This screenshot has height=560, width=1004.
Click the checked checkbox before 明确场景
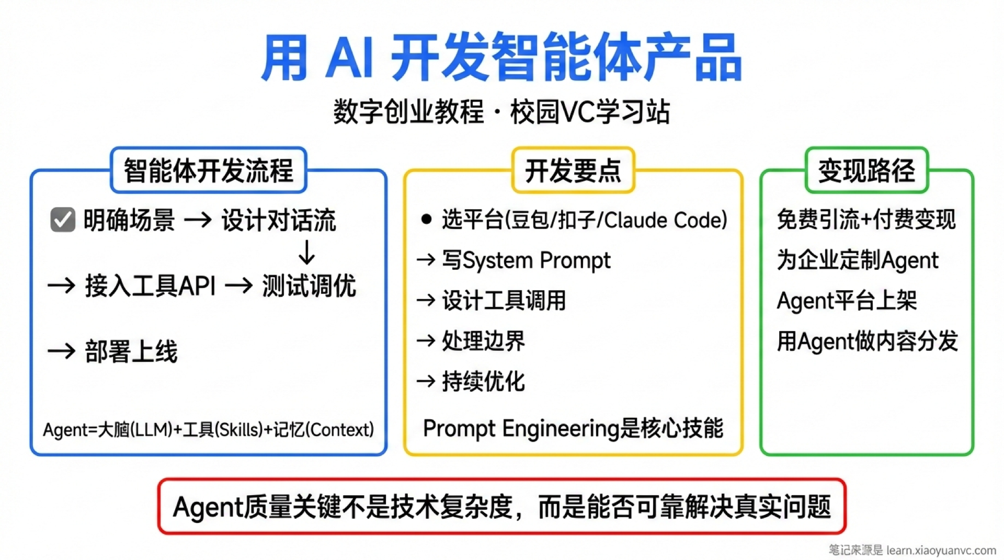[63, 220]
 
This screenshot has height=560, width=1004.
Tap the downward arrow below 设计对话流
[306, 253]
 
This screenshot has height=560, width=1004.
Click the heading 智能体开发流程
[208, 170]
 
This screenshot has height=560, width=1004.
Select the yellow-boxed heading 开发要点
[573, 170]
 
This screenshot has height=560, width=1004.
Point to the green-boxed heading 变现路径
[866, 170]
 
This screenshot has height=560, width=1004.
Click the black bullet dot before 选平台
[426, 219]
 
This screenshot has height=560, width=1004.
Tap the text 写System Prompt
[526, 260]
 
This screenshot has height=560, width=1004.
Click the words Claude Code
[665, 220]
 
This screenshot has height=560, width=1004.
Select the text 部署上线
[131, 351]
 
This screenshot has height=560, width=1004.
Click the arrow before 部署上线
[62, 351]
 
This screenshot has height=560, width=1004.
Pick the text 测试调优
[309, 286]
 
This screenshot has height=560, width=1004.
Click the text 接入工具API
[150, 286]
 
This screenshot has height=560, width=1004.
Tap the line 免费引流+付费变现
[866, 220]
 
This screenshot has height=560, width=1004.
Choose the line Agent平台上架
[847, 301]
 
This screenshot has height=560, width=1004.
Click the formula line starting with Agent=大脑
[208, 430]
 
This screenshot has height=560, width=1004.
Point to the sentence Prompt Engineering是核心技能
[573, 428]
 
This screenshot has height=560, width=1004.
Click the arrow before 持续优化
[426, 381]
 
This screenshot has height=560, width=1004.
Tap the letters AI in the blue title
[349, 58]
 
